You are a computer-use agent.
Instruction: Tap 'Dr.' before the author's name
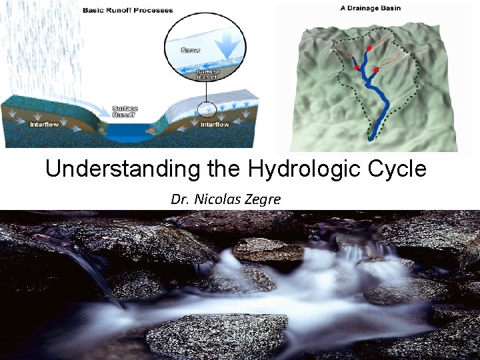pos(179,198)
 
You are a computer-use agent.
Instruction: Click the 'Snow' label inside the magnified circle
pos(189,51)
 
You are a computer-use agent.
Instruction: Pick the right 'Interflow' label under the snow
pos(215,124)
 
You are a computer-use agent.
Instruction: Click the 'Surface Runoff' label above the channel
pos(125,111)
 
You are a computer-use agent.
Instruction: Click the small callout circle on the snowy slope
pos(207,109)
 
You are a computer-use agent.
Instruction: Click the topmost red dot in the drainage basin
pos(369,48)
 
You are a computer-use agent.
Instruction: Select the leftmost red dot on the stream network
pos(357,68)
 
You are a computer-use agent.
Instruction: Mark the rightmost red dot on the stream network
pos(376,69)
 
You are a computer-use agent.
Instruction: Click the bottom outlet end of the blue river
pos(371,138)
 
